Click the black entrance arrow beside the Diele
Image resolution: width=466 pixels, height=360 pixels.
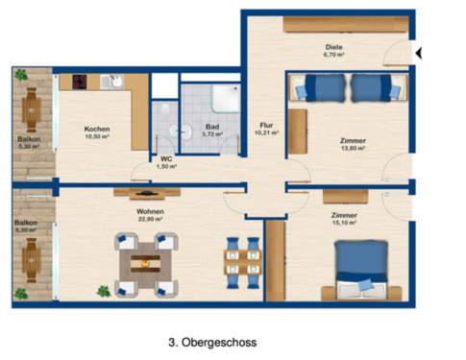pos(417,53)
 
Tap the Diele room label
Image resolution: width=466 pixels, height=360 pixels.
pos(333,50)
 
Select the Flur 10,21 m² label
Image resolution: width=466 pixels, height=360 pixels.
pos(266,129)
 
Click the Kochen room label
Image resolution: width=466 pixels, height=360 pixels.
pos(97,133)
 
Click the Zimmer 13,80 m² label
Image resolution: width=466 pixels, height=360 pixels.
pos(353,144)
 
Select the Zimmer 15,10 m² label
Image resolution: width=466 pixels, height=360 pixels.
pos(343,220)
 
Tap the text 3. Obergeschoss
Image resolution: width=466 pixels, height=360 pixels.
pos(213,340)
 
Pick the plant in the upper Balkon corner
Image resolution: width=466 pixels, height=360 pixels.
pos(19,73)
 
